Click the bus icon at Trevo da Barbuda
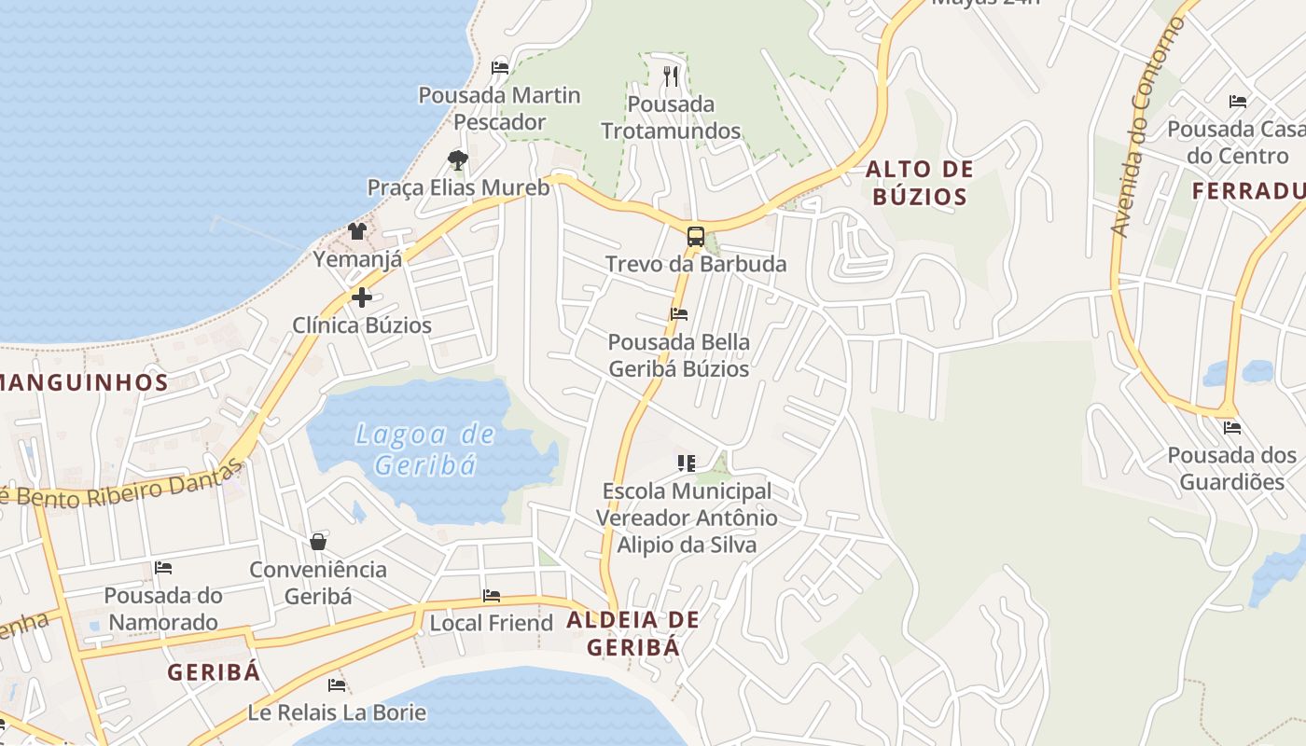tap(695, 236)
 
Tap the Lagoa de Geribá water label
tap(424, 449)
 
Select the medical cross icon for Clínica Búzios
tap(362, 297)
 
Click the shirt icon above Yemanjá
tap(357, 230)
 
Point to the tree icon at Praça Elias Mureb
tap(457, 160)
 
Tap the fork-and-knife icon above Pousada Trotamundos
tap(671, 76)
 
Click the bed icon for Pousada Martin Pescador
tap(500, 67)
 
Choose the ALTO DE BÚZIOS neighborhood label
tap(919, 183)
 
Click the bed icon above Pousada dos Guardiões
tap(1232, 428)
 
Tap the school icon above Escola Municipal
tap(687, 463)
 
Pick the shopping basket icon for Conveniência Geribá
tap(318, 542)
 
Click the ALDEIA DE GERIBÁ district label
tap(632, 633)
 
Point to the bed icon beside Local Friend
tap(492, 596)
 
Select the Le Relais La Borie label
tap(337, 713)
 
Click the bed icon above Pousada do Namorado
tap(163, 567)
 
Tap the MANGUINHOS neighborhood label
tap(82, 381)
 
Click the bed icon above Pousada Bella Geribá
tap(679, 314)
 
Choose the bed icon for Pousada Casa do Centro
tap(1238, 101)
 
